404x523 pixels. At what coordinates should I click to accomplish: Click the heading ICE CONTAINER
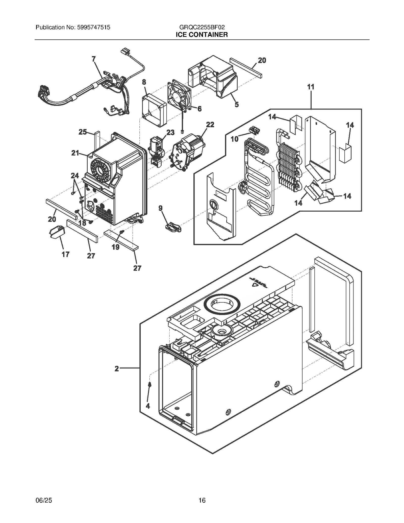pos(202,35)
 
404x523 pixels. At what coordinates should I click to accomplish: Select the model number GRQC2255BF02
pos(202,27)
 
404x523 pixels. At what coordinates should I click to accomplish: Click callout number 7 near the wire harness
pos(94,59)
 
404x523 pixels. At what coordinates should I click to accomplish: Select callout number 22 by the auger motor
pos(210,124)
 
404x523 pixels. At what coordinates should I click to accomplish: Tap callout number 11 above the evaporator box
pos(311,87)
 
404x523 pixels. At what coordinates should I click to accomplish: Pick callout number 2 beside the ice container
pos(117,369)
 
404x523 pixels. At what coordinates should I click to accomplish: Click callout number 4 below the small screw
pos(148,406)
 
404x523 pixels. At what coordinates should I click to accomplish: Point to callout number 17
pos(65,254)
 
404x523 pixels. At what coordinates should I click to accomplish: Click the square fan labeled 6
pos(179,96)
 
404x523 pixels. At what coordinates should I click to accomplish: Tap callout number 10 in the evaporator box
pos(234,139)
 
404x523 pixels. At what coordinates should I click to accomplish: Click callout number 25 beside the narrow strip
pos(83,132)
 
